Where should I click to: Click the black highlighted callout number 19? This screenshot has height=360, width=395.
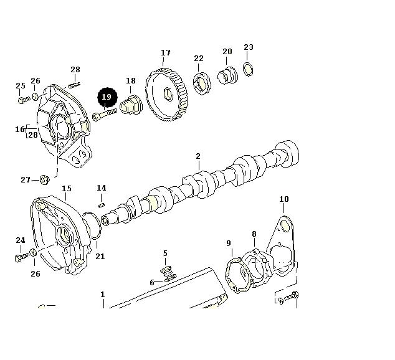[x=107, y=97]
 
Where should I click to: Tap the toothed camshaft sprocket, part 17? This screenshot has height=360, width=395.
[x=166, y=94]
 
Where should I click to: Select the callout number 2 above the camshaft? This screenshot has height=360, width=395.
[x=198, y=156]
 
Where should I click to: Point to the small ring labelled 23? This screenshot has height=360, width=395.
[x=248, y=69]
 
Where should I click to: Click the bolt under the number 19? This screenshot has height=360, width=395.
[x=105, y=115]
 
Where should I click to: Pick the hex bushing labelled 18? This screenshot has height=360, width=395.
[x=131, y=105]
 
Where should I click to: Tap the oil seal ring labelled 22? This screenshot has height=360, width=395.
[x=202, y=83]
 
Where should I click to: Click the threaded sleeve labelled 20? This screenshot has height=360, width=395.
[x=227, y=75]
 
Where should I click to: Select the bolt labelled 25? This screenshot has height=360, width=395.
[x=24, y=100]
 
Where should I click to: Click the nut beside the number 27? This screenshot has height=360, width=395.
[x=45, y=180]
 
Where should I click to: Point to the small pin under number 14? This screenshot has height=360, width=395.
[x=102, y=205]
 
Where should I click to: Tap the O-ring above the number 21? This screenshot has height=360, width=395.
[x=92, y=225]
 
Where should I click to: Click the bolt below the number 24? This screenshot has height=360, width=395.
[x=21, y=257]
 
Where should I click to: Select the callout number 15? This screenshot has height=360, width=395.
[x=67, y=189]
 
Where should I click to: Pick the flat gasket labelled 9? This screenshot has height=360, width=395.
[x=239, y=275]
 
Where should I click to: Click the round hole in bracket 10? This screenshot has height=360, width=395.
[x=285, y=225]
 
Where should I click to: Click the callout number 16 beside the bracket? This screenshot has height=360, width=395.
[x=20, y=129]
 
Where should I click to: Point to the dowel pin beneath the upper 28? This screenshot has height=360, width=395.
[x=74, y=85]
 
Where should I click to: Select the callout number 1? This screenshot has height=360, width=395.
[x=102, y=295]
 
